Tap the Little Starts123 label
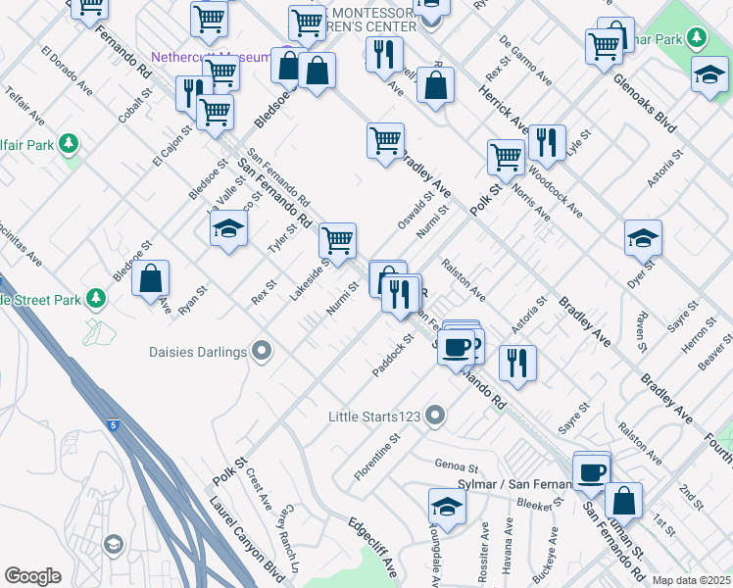point(375,416)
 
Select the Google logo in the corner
point(32,576)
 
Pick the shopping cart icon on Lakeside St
point(337,239)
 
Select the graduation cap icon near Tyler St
point(228,229)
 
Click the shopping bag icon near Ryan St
point(151,279)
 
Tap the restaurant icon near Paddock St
point(517,363)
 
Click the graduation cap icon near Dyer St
point(643,238)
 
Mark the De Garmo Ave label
point(528,60)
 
